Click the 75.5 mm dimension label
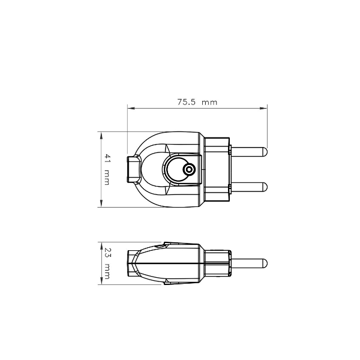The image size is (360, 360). point(197,102)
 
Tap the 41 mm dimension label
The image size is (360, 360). point(107,169)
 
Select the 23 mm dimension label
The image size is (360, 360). point(107,263)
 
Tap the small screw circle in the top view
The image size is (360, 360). point(189,170)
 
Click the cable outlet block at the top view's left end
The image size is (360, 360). point(134,169)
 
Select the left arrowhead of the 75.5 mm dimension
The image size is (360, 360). point(131,108)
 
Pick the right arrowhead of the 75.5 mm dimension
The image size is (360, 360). point(264,108)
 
